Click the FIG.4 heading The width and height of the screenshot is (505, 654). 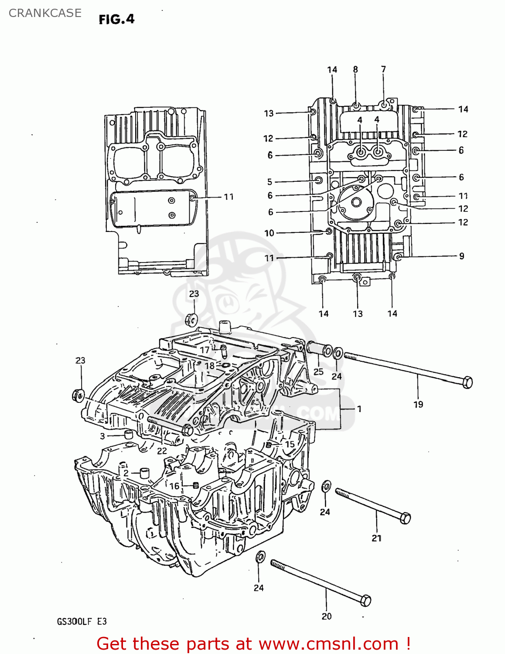(x=116, y=19)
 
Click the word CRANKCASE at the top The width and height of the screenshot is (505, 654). (x=45, y=13)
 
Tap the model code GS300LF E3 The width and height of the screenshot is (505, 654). (x=82, y=621)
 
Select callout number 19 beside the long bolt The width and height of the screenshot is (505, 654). (x=418, y=405)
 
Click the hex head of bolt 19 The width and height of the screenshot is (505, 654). (x=467, y=382)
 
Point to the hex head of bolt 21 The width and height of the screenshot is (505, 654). (x=405, y=518)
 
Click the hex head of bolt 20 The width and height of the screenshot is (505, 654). (x=365, y=600)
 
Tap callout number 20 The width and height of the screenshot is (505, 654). (x=327, y=617)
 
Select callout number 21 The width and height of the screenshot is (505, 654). (x=376, y=538)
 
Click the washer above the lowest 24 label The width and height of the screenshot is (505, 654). (x=260, y=557)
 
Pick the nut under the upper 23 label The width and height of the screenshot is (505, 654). (x=191, y=319)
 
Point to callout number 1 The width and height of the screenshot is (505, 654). (x=359, y=409)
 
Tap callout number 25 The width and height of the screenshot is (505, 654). (x=318, y=371)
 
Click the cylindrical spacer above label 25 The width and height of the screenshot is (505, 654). (x=319, y=349)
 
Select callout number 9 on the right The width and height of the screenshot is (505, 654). (x=461, y=256)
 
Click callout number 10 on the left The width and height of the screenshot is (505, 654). (x=270, y=233)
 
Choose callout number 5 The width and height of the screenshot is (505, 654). (x=270, y=182)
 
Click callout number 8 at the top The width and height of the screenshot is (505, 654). (x=355, y=69)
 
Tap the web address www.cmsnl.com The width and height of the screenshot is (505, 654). (x=328, y=644)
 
